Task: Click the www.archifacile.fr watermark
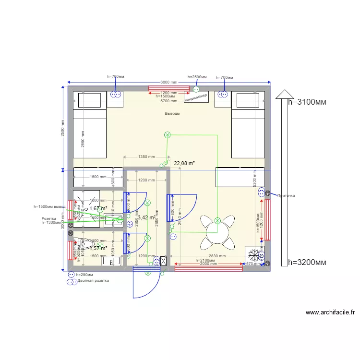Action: click(330, 312)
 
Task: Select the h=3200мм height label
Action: click(307, 263)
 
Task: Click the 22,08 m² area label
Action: click(184, 164)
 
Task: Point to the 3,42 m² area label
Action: click(146, 218)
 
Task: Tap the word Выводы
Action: click(172, 114)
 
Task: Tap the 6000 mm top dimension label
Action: click(168, 83)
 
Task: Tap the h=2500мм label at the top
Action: click(197, 77)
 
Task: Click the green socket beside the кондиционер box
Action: click(196, 89)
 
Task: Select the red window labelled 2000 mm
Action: click(208, 268)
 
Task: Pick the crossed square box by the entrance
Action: click(163, 261)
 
